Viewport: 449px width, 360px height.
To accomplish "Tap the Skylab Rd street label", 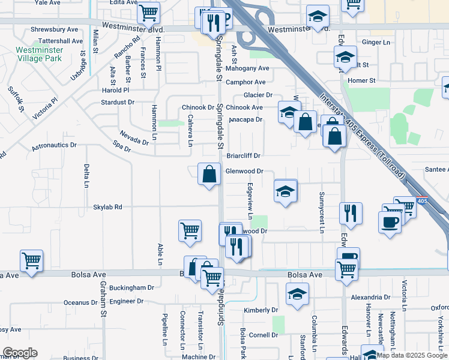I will (x=107, y=207).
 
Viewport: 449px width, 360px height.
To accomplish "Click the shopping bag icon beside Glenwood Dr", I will (x=209, y=175).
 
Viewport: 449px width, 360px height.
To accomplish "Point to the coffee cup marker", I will (x=390, y=221).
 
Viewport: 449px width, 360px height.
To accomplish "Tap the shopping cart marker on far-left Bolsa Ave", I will (x=31, y=261).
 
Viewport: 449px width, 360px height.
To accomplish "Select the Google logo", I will (x=20, y=353).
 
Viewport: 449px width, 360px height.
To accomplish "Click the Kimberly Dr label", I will (x=261, y=310).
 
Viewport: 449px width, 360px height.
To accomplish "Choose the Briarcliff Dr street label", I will (x=243, y=155).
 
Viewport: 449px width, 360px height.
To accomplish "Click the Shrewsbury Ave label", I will (x=55, y=29).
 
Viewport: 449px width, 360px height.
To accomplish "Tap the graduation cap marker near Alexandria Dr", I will (x=297, y=295).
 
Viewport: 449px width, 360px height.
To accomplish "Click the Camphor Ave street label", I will (x=246, y=82).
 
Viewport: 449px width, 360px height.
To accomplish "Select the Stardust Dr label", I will (x=118, y=102).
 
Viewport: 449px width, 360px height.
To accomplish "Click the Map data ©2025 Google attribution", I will (x=412, y=355).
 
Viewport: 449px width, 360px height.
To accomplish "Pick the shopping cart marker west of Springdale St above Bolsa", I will (x=190, y=231).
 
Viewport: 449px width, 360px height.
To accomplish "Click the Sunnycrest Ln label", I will (x=322, y=212).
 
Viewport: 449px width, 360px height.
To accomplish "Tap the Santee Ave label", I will (x=436, y=170).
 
